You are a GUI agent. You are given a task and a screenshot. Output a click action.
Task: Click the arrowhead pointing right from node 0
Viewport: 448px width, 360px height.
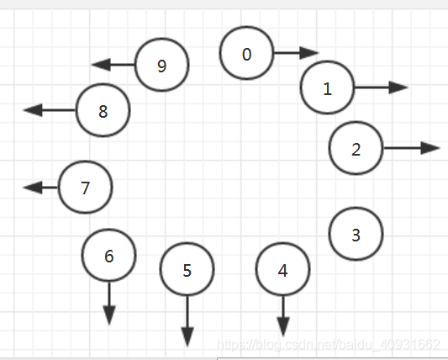click(x=309, y=53)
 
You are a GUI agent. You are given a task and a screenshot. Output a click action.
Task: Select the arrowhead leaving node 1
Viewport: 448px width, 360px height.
click(x=398, y=87)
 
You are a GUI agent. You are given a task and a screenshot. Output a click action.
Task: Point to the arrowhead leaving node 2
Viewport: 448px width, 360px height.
click(x=430, y=148)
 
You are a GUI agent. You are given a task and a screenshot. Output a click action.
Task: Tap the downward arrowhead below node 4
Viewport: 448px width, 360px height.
click(x=283, y=327)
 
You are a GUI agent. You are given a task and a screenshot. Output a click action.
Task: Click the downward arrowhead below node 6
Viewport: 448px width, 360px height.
click(x=109, y=315)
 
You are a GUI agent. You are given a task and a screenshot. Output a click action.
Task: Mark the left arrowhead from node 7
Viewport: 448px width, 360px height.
click(x=33, y=188)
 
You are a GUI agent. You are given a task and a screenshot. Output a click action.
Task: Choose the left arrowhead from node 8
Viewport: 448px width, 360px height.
click(x=33, y=110)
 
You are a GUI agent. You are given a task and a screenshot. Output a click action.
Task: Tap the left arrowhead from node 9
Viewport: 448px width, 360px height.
click(x=101, y=65)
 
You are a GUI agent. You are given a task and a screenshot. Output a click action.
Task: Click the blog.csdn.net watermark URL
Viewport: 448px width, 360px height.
click(x=329, y=345)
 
